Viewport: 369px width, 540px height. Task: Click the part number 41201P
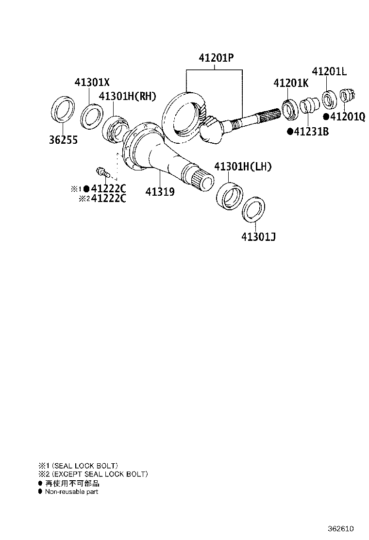coord(216,57)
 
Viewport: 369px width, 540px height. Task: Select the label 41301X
coord(92,82)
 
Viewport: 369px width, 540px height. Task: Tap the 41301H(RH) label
coord(127,96)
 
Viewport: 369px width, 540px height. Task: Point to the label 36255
coord(63,140)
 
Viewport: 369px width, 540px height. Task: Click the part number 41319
coord(160,191)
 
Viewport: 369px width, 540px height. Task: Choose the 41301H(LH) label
coord(243,167)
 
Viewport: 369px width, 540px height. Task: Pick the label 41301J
coord(258,237)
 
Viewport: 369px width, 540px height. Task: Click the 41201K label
coord(291,83)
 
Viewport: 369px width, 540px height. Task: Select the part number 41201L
coord(329,71)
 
